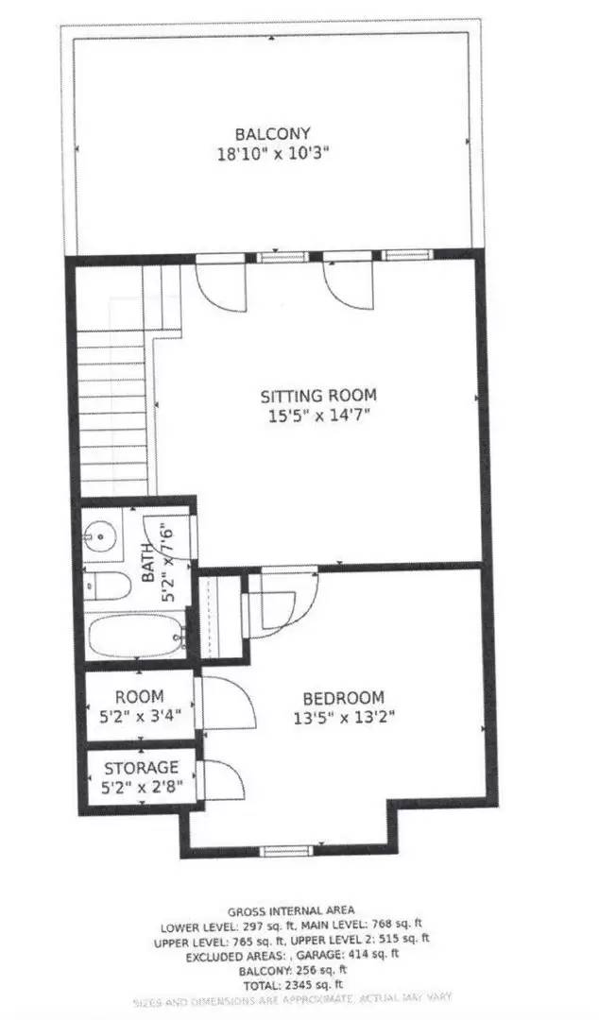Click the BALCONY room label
(x=273, y=133)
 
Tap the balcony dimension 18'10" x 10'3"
(x=273, y=151)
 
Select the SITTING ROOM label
(x=318, y=395)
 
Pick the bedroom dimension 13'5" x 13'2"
(x=344, y=716)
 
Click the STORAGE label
(x=141, y=767)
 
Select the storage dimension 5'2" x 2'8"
(x=141, y=785)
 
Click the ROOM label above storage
(x=140, y=696)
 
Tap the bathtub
(x=135, y=638)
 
